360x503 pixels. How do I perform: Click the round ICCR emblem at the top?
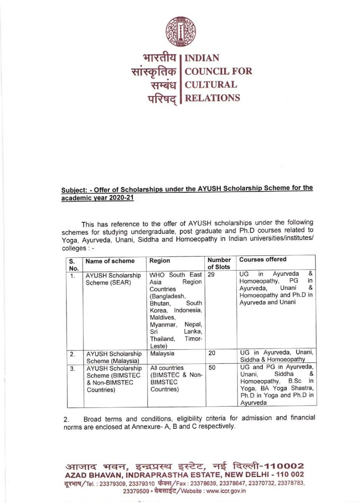click(181, 31)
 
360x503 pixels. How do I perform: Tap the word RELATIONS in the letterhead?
click(212, 98)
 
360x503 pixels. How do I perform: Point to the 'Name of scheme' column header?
click(110, 261)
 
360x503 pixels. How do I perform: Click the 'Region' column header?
click(160, 261)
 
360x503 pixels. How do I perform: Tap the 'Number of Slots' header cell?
click(219, 264)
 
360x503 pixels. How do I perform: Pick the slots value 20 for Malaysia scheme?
click(212, 353)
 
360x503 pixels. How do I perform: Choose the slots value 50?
click(212, 368)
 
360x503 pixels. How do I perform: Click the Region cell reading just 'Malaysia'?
click(161, 353)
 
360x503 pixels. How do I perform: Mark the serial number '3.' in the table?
click(73, 368)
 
